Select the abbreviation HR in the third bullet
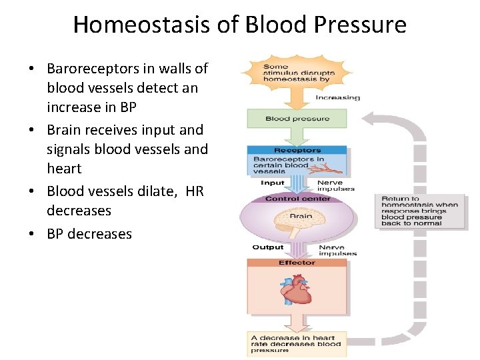[195, 191]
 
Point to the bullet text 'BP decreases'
[89, 234]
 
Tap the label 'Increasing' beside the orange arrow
[337, 97]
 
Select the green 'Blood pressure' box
[297, 119]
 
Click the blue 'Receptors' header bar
[297, 150]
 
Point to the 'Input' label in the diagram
[272, 183]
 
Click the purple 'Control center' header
[297, 199]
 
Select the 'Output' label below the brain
[267, 247]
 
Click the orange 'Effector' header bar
[297, 263]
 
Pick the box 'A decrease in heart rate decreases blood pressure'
[297, 343]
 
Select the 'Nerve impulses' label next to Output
[337, 250]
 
